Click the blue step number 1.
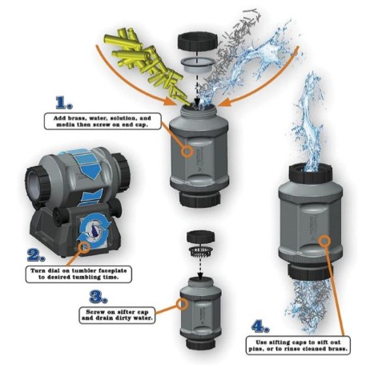click(64, 103)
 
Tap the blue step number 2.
click(36, 254)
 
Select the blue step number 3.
click(99, 297)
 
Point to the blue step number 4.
click(260, 326)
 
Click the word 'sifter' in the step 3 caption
click(127, 312)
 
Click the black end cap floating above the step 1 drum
click(198, 42)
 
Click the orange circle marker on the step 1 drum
click(187, 151)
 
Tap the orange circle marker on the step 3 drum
click(182, 304)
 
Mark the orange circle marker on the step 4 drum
click(324, 241)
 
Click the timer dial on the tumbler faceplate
click(94, 231)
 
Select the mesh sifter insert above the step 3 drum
click(200, 252)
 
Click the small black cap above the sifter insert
click(200, 238)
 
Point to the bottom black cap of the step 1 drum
click(199, 198)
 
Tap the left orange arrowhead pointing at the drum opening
click(170, 102)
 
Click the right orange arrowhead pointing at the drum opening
click(227, 102)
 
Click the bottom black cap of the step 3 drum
click(200, 343)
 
